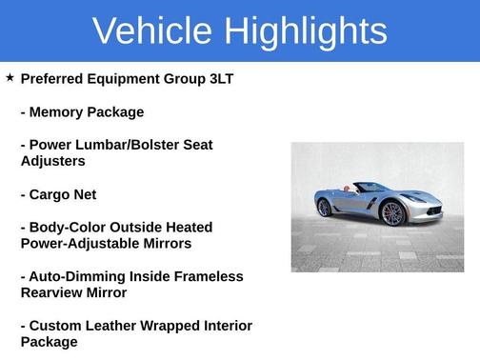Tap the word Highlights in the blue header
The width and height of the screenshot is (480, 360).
[306, 31]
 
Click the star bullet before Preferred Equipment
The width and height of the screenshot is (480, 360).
[10, 78]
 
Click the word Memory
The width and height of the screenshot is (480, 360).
[59, 112]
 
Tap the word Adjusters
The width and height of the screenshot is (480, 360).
[53, 161]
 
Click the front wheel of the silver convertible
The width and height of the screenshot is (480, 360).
[392, 212]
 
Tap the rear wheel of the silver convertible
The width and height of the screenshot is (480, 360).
[325, 207]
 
